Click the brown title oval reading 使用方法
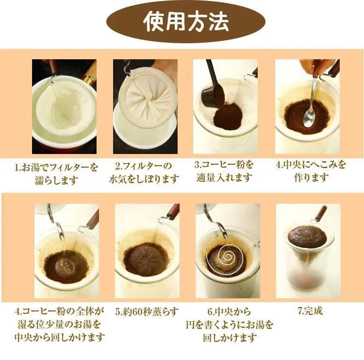click(x=185, y=22)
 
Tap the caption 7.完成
click(x=310, y=311)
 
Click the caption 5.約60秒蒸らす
click(x=147, y=311)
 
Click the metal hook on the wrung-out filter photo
click(x=127, y=66)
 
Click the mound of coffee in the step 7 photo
click(x=308, y=235)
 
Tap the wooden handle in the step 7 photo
click(x=321, y=213)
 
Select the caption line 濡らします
click(x=56, y=180)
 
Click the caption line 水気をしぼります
click(x=144, y=179)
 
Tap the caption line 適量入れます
click(x=224, y=178)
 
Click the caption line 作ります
click(x=312, y=178)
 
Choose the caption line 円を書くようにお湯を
click(x=230, y=325)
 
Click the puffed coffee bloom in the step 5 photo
click(x=145, y=258)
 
